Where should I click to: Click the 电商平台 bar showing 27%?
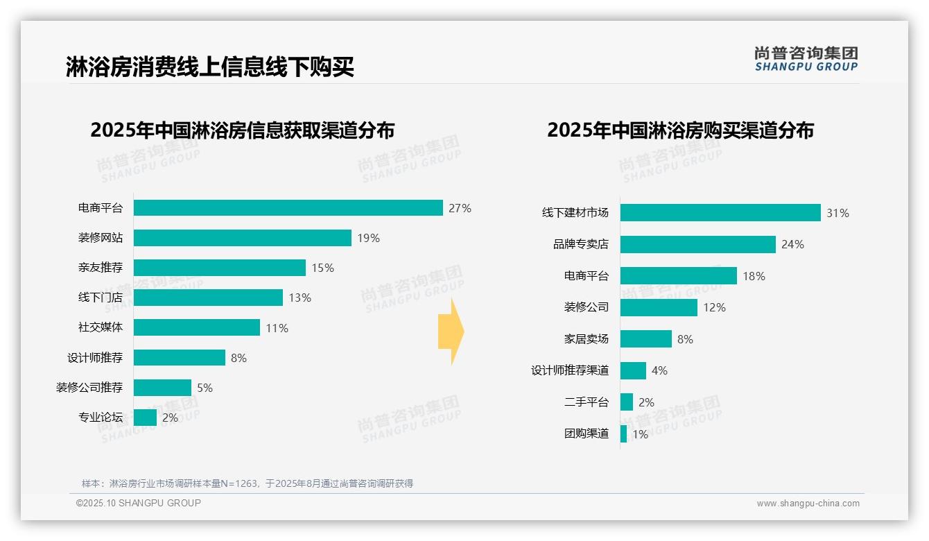pos(288,208)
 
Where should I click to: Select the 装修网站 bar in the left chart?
pos(242,238)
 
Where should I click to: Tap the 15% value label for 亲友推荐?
pos(322,268)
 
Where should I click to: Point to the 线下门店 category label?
pos(101,298)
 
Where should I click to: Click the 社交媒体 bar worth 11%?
pos(196,327)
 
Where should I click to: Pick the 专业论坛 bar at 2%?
pos(145,418)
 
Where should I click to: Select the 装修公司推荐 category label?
pos(89,388)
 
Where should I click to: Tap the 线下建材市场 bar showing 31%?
pos(720,213)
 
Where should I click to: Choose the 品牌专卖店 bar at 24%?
pos(697,244)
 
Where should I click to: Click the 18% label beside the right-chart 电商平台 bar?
pos(754,276)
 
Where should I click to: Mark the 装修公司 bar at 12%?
pos(659,307)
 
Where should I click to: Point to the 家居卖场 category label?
pos(586,339)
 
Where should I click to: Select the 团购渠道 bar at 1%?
pos(623,433)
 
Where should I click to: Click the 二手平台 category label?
pos(586,402)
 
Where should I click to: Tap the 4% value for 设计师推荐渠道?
pos(659,370)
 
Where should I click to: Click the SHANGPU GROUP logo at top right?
pos(806,59)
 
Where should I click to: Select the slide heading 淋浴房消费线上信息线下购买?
pos(210,67)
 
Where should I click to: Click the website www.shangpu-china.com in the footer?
pos(808,504)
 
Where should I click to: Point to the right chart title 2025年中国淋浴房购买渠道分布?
pos(680,130)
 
